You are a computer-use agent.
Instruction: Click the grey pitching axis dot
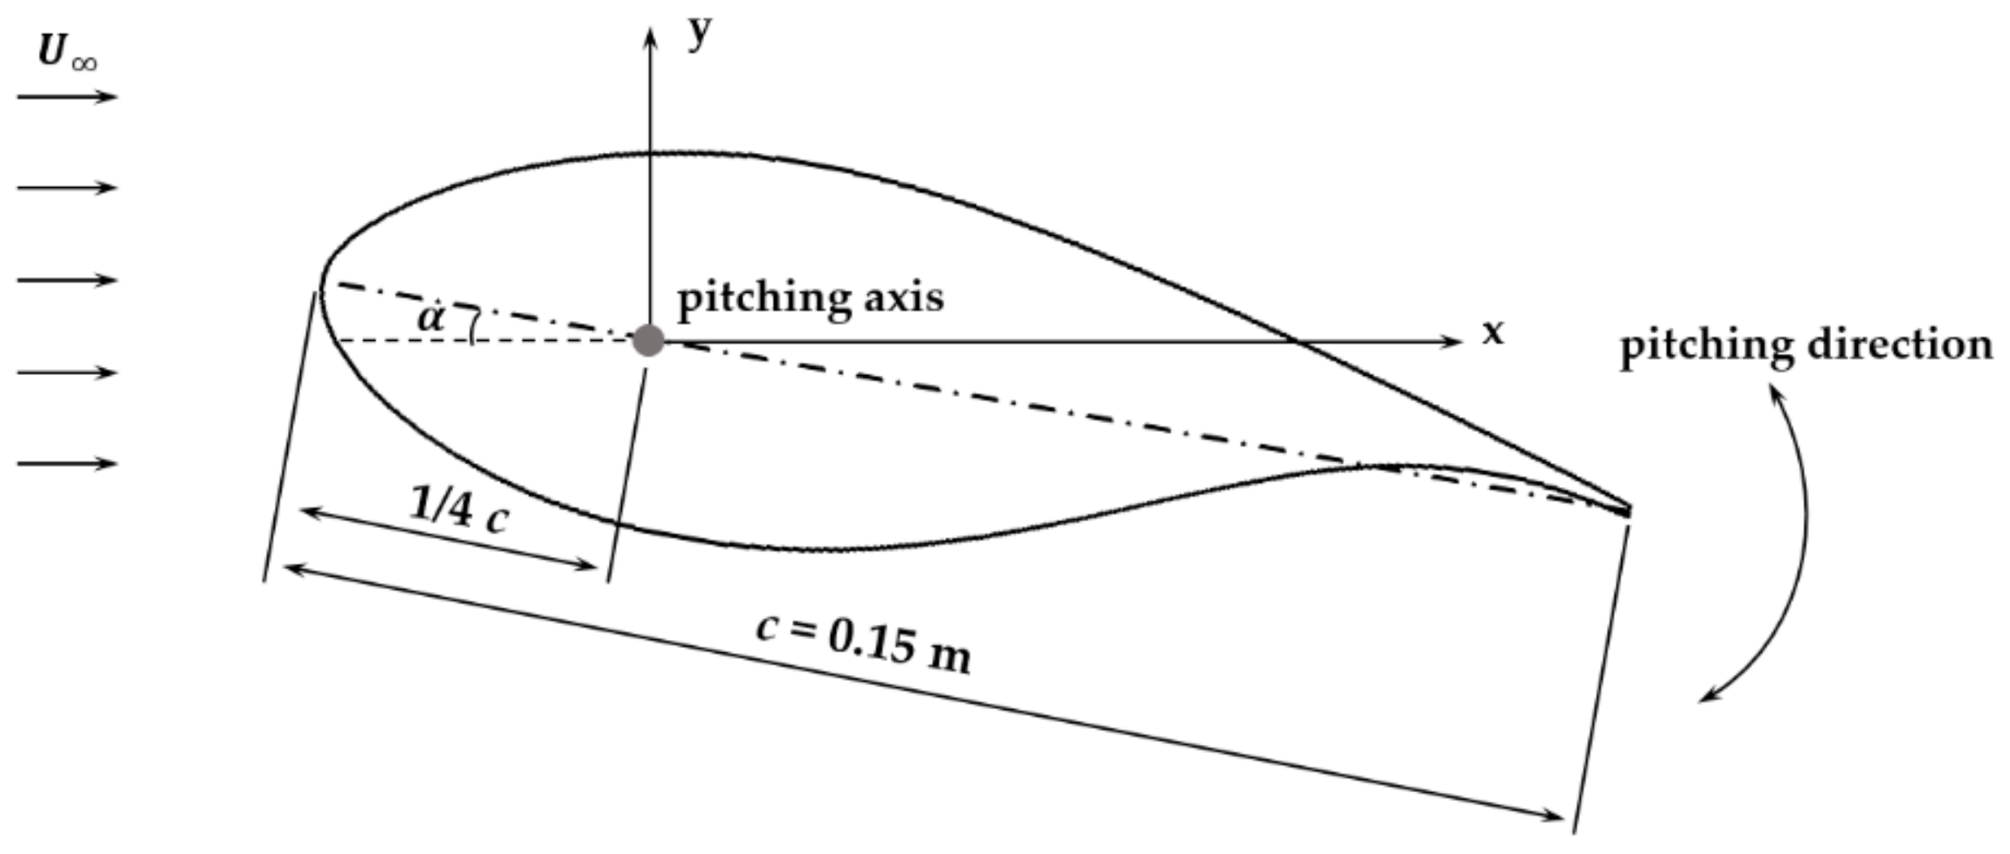tap(648, 340)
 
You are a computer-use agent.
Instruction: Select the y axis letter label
tap(698, 34)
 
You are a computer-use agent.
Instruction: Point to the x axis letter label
tap(1493, 333)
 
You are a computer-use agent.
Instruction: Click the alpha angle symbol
tap(431, 317)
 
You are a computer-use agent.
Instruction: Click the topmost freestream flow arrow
tap(67, 97)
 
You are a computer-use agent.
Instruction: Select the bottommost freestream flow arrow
tap(67, 464)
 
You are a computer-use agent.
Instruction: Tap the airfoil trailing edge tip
tap(1629, 510)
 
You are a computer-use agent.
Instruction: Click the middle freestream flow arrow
tap(67, 280)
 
